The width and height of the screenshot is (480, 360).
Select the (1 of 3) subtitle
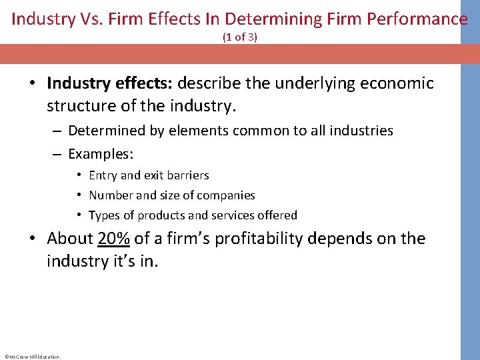coord(240,38)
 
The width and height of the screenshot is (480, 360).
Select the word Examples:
coord(101,154)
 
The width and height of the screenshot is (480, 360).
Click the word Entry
coord(103,175)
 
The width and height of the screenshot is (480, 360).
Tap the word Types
coord(104,215)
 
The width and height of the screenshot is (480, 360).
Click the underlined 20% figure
coord(114,239)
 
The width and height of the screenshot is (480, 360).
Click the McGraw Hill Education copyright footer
coord(32,356)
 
